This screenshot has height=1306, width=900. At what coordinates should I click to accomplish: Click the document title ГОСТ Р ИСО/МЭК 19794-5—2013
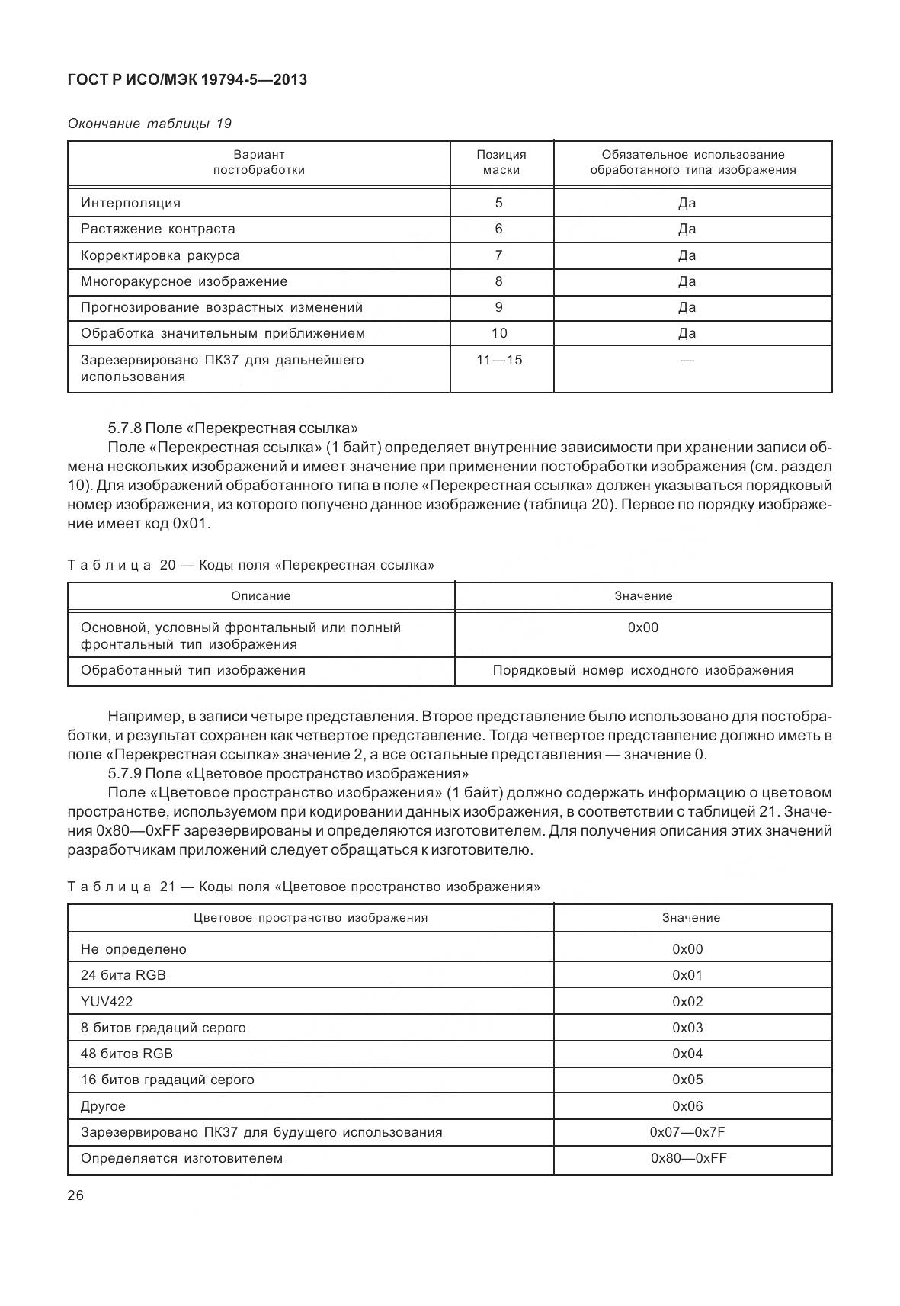pos(187,79)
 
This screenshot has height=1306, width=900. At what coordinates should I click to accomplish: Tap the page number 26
pos(76,1195)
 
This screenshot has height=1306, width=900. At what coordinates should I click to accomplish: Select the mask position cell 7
pos(499,255)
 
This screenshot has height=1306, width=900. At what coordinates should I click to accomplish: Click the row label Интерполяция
pos(130,203)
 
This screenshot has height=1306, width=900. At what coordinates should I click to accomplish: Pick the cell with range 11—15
pos(499,360)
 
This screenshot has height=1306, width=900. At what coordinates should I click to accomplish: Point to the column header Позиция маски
pos(501,162)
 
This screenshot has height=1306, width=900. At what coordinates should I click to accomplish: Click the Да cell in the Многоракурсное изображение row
pos(687,281)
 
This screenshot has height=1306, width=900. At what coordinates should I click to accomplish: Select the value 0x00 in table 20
pos(642,627)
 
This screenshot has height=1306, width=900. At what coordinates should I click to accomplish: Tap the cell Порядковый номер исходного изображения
pos(642,670)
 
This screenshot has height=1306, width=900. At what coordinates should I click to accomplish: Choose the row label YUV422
pos(101,1002)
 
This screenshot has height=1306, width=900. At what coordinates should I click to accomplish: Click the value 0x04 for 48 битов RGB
pos(687,1054)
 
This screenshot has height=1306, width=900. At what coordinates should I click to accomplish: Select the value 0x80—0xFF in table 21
pos(688,1158)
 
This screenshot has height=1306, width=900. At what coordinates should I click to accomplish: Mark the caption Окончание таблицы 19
pos(149,124)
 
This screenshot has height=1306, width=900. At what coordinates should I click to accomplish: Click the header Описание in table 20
pos(261,596)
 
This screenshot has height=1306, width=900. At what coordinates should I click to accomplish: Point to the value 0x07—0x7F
pos(687,1132)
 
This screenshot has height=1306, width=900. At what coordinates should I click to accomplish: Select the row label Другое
pos(103,1106)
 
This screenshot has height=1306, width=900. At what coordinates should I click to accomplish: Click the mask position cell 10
pos(499,333)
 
